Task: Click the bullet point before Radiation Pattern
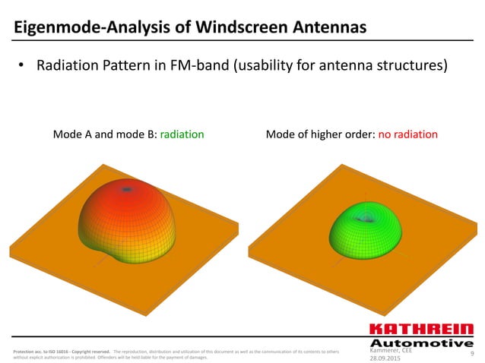(23, 66)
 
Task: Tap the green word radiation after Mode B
(182, 134)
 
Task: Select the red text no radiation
(408, 134)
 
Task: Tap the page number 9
(472, 353)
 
